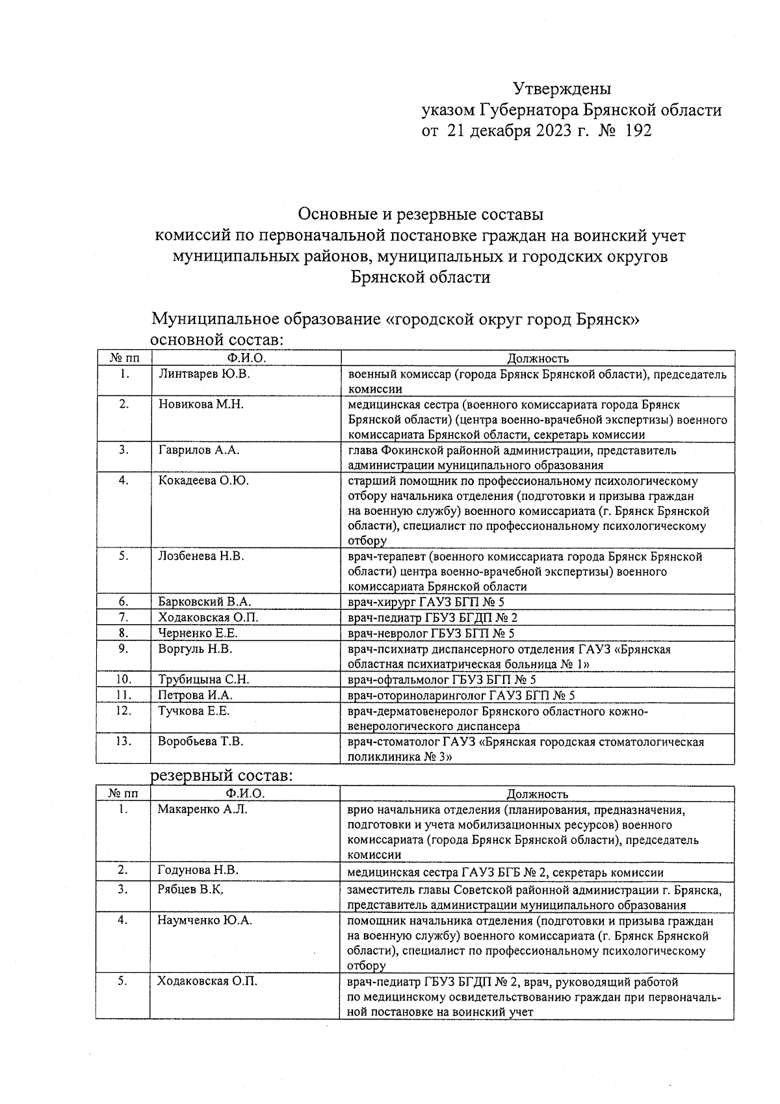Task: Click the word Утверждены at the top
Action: click(x=562, y=88)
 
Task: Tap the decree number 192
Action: click(x=637, y=131)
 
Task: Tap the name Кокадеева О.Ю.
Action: click(x=203, y=480)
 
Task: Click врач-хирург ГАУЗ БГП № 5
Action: click(x=426, y=602)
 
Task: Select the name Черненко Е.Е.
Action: click(x=198, y=633)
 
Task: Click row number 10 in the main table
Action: click(x=124, y=679)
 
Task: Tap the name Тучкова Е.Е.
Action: click(x=194, y=711)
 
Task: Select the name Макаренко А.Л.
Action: click(x=202, y=809)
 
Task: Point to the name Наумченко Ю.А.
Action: click(x=204, y=920)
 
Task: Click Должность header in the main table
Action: click(x=538, y=358)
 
